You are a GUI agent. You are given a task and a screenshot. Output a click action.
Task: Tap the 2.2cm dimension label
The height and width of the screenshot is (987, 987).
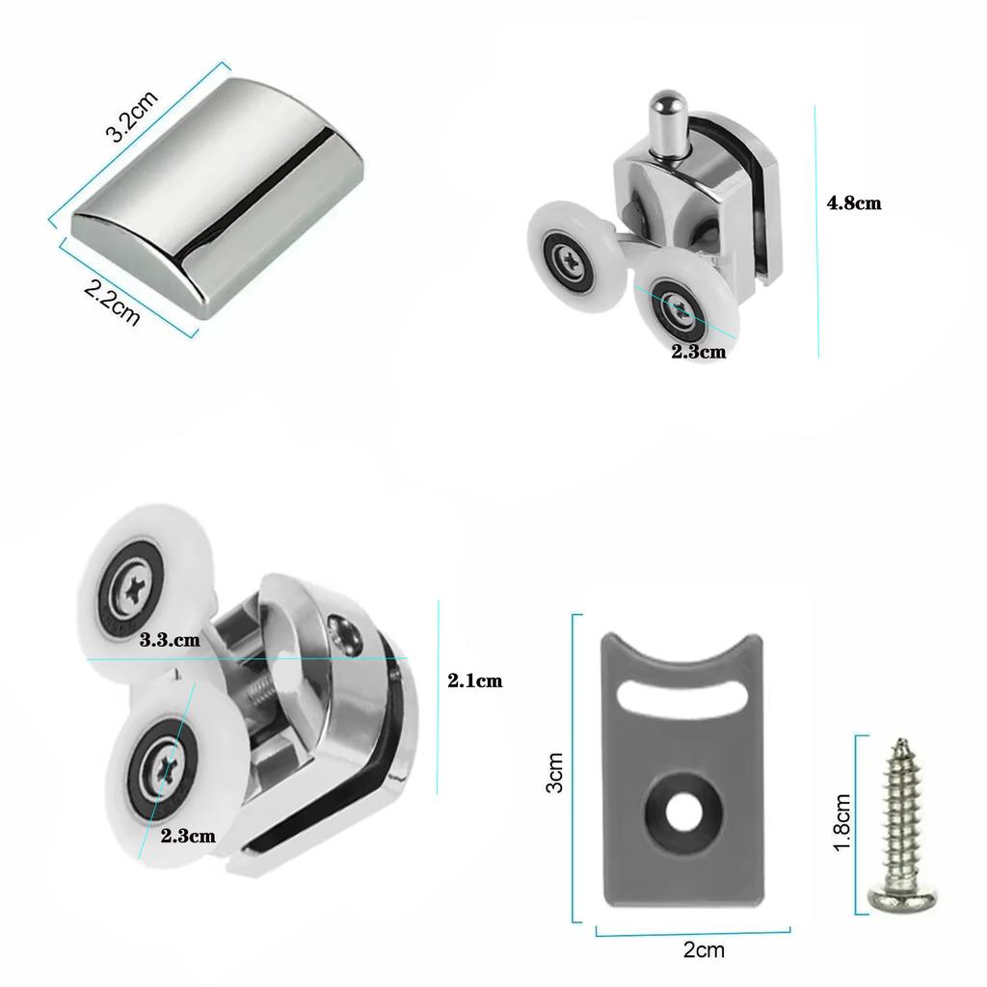112,303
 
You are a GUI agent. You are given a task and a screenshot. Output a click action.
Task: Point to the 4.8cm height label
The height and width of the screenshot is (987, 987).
854,203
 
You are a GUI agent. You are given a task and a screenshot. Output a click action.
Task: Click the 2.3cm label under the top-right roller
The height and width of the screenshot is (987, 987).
698,352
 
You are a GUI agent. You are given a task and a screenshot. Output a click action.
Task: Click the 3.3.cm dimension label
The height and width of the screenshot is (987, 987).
170,638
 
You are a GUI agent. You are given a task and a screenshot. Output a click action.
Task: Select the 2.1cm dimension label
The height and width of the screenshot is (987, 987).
474,680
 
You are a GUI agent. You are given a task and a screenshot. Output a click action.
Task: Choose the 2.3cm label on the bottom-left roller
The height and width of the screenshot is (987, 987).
188,835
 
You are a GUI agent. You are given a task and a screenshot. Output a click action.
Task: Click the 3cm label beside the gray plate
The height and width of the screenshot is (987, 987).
554,772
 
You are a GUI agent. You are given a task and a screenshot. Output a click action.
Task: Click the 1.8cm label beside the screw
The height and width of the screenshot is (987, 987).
842,822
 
